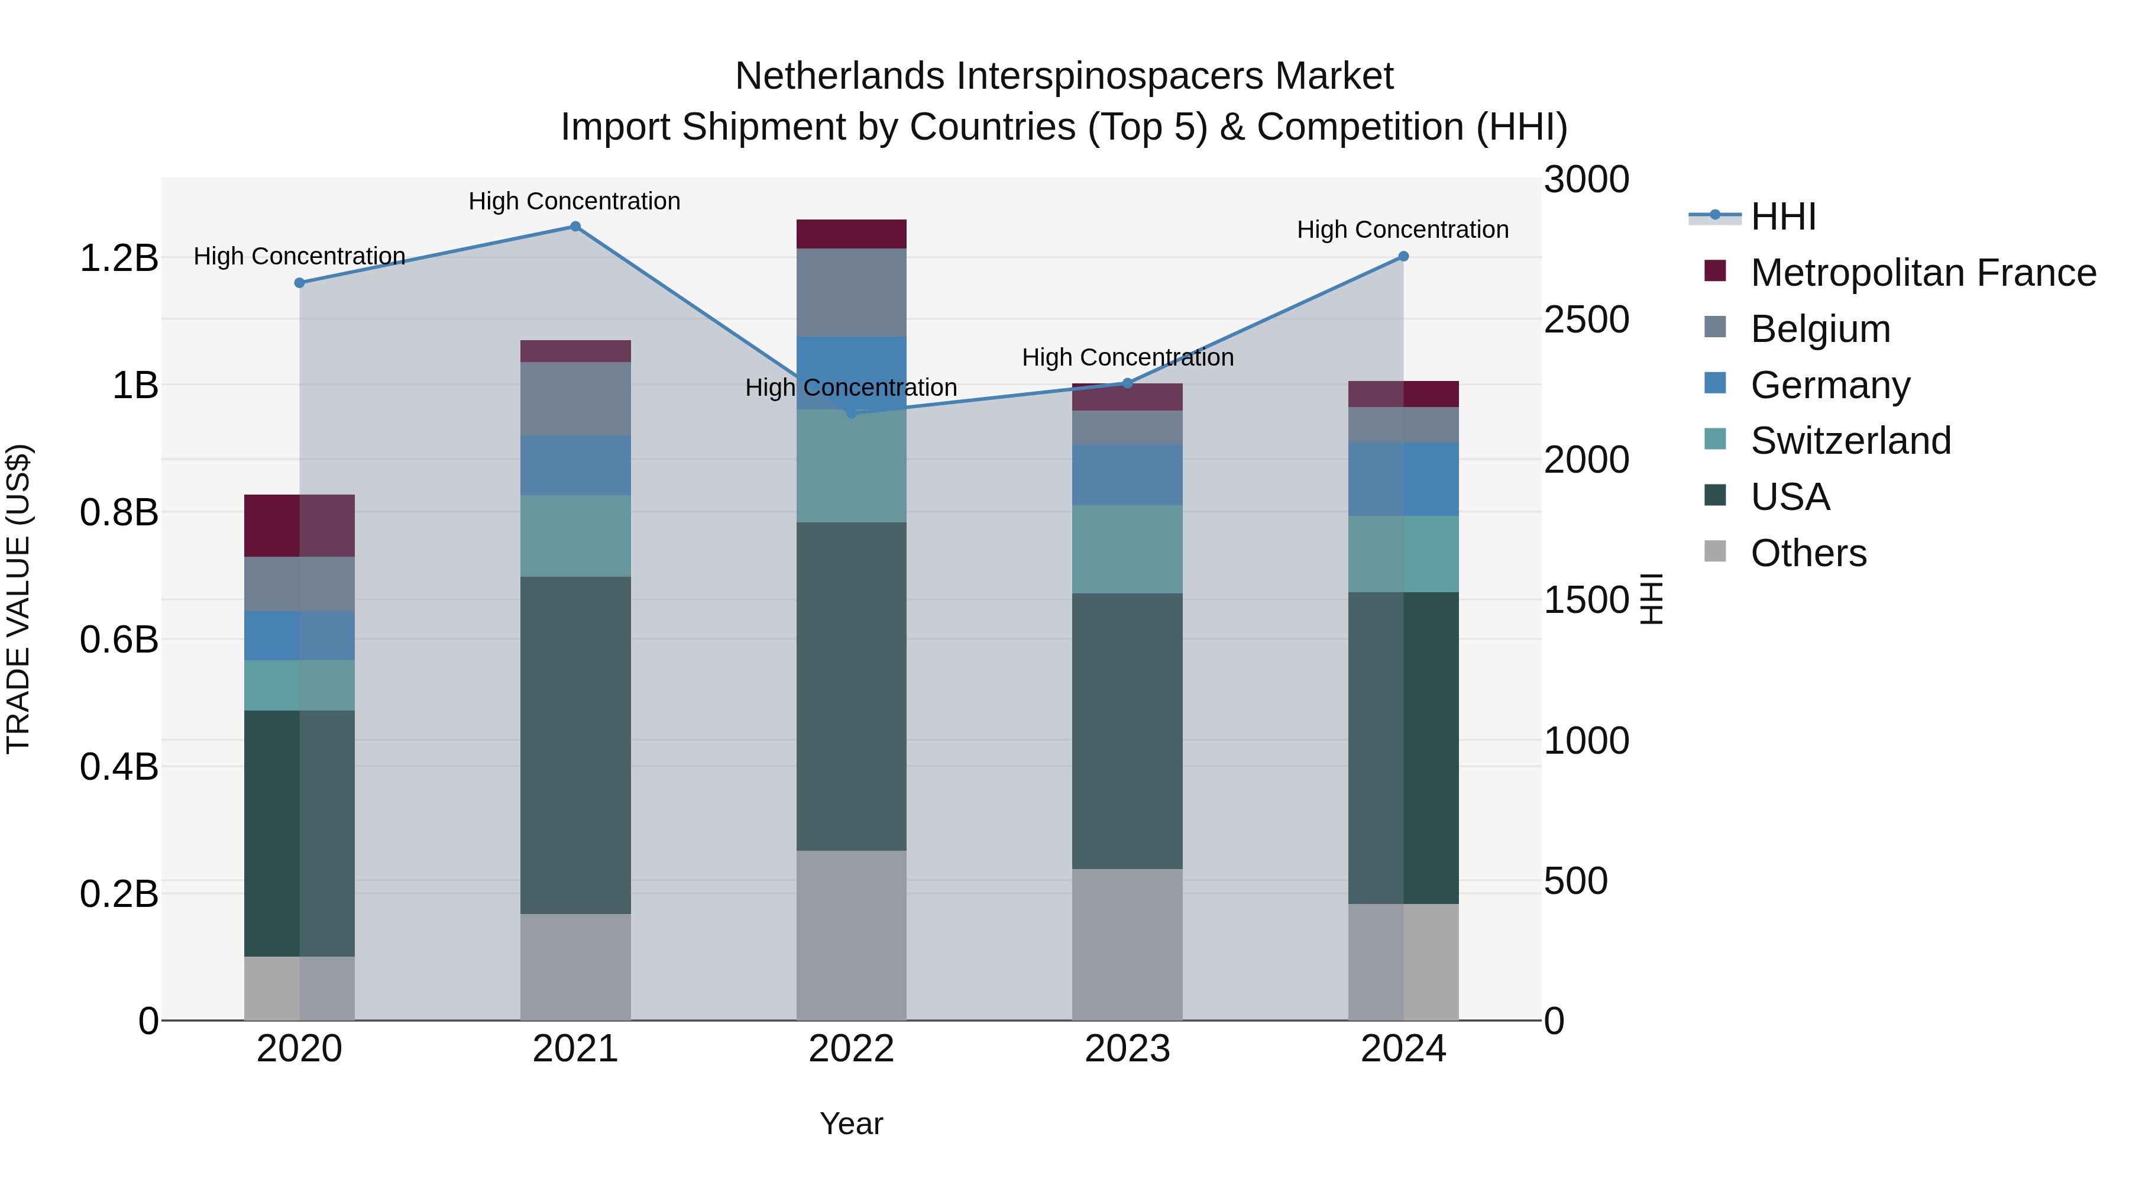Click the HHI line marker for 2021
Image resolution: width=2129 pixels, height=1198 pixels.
(575, 227)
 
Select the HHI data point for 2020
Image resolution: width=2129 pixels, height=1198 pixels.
(300, 283)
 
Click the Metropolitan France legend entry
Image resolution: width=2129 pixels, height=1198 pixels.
(1923, 273)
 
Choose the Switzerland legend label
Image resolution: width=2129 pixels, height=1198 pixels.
(1850, 441)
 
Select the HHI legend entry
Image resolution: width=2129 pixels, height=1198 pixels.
(1782, 217)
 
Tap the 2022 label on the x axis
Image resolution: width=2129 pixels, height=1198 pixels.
(851, 1049)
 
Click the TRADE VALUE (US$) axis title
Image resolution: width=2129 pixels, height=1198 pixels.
(18, 599)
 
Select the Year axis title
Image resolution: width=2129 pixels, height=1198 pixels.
(851, 1123)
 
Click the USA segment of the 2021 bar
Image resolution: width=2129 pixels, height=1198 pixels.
(575, 744)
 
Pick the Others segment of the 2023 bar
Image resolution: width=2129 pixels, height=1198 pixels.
(1127, 944)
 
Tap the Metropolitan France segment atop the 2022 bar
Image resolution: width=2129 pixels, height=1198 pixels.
(851, 234)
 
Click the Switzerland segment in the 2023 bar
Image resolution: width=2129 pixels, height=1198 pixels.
(1127, 549)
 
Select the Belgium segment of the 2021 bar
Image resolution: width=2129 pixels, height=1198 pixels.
(575, 399)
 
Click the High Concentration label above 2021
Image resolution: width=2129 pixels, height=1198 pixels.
(574, 202)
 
